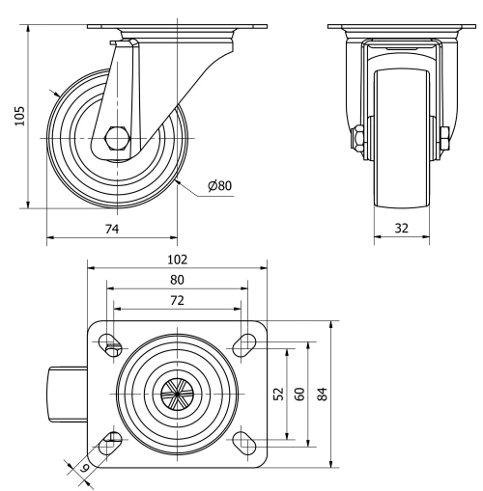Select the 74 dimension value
coord(112,227)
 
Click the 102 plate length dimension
coord(176,259)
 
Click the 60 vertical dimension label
coord(299,395)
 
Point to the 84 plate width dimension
coord(324,395)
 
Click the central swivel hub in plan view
coord(176,393)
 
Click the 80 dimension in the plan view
coord(176,280)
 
